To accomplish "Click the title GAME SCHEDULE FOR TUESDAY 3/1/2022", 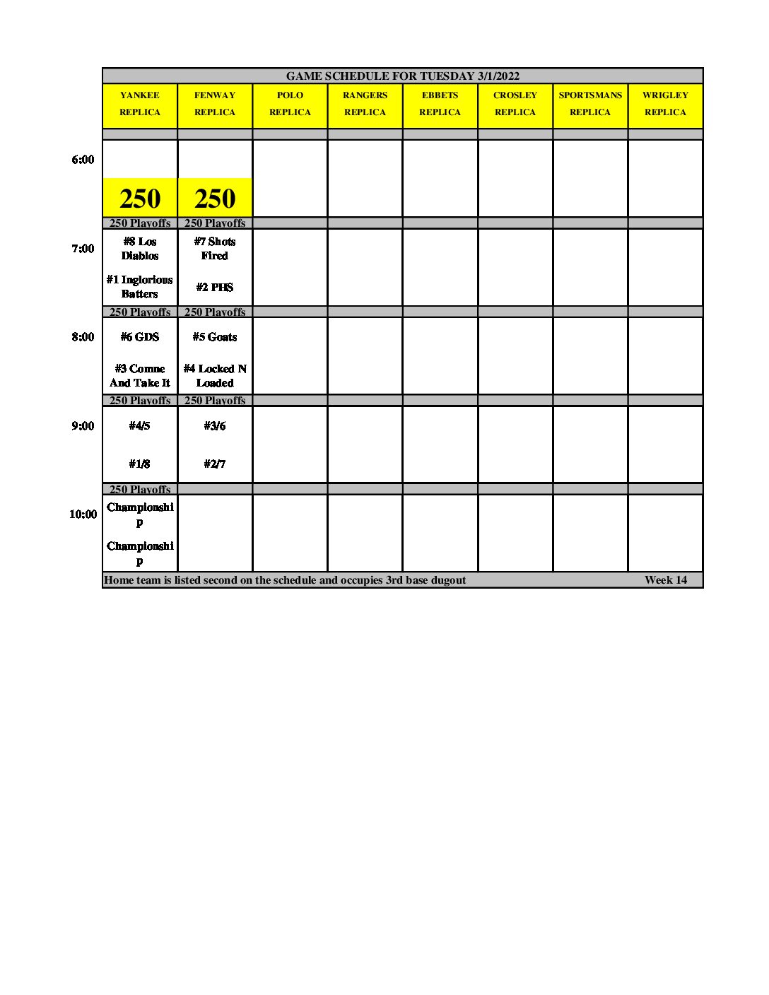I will tap(402, 76).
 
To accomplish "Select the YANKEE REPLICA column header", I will tap(140, 104).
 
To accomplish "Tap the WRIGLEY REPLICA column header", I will tap(665, 104).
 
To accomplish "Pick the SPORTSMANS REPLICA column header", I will tap(590, 104).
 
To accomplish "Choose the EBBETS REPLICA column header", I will tap(440, 104).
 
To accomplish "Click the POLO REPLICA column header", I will tap(290, 104).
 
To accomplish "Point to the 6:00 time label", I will tap(83, 160).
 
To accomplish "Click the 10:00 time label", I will tap(83, 514).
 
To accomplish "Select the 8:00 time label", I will tap(83, 337).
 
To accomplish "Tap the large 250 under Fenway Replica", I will tap(215, 199).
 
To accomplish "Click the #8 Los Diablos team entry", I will tap(140, 249).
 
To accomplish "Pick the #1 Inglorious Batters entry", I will tap(140, 287).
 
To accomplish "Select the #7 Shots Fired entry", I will tap(215, 249).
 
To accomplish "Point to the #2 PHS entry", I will tap(215, 288).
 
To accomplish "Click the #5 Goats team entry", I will tap(215, 337).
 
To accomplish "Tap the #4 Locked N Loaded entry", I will tap(215, 376).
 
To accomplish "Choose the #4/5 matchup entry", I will tap(140, 426).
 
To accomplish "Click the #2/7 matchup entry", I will tap(215, 464).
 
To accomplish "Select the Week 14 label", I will tap(665, 580).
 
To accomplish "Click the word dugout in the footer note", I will tap(447, 580).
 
